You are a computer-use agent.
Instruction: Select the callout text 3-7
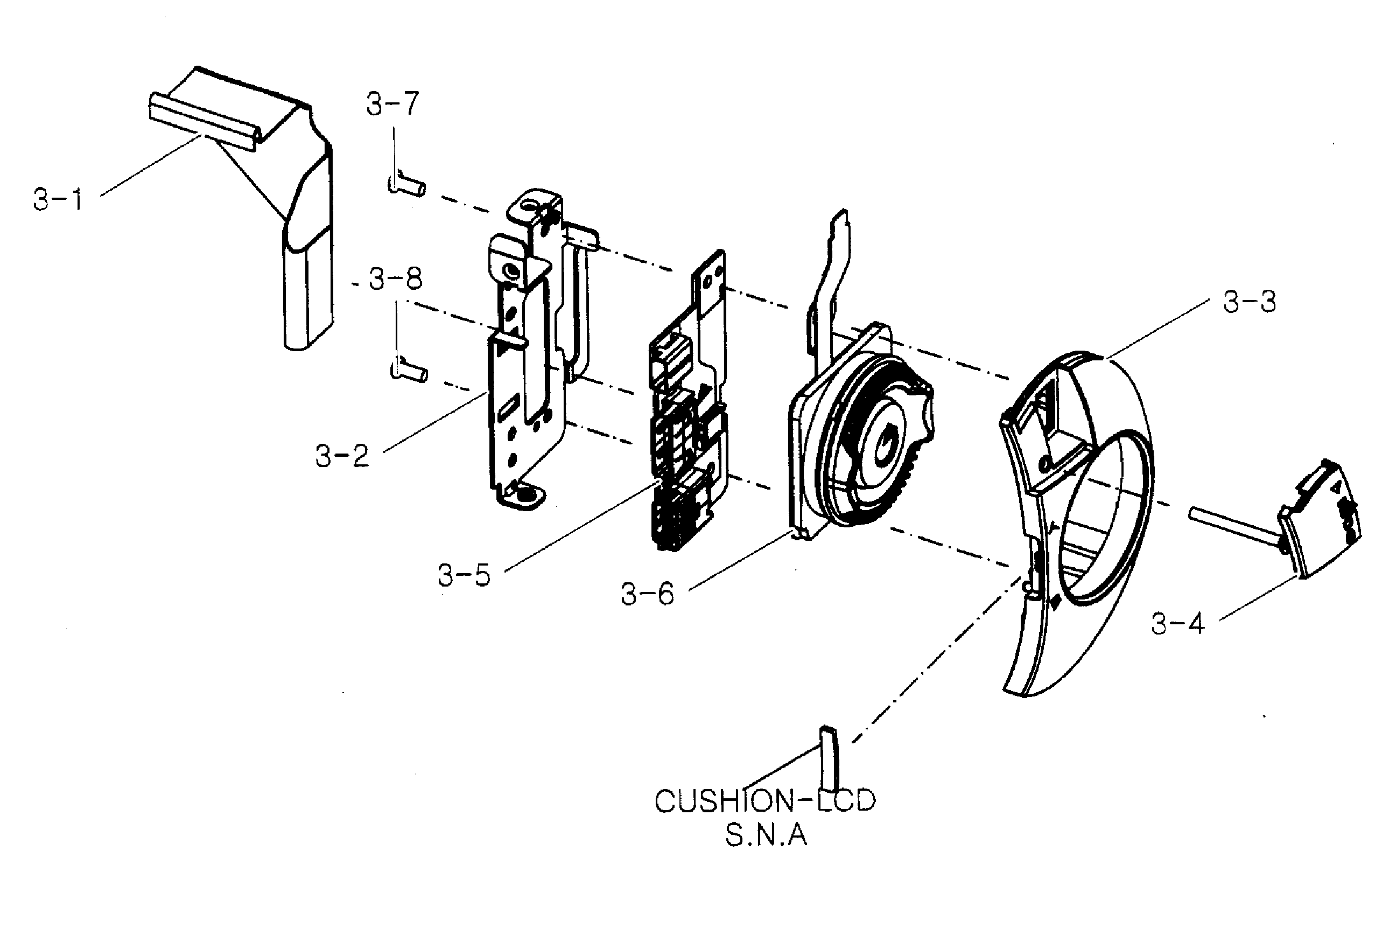coord(392,104)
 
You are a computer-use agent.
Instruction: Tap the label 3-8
coord(395,278)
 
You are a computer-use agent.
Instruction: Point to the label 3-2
coord(342,456)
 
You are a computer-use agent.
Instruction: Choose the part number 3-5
coord(464,575)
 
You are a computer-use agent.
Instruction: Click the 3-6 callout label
coord(648,594)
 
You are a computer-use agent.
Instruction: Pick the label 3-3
coord(1249,302)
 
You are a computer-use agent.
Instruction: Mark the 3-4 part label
coord(1178,624)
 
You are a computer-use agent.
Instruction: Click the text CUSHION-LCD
coord(765,801)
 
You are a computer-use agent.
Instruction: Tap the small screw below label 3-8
coord(409,372)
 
